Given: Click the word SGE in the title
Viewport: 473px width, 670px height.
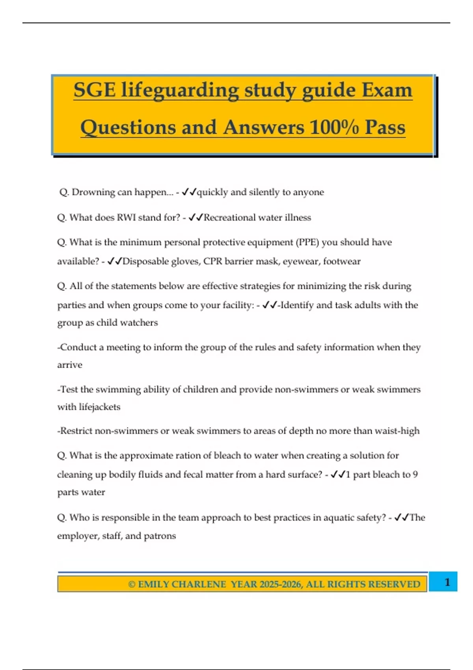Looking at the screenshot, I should [95, 90].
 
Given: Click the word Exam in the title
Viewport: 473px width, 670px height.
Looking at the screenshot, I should [387, 90].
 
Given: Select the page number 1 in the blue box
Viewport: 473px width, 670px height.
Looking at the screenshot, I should [447, 582].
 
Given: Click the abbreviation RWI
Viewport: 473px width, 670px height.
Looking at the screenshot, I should [126, 218].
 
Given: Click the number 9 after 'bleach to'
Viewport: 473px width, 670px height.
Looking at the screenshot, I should [415, 475].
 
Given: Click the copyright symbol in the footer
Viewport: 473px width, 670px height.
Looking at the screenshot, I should [132, 584].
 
